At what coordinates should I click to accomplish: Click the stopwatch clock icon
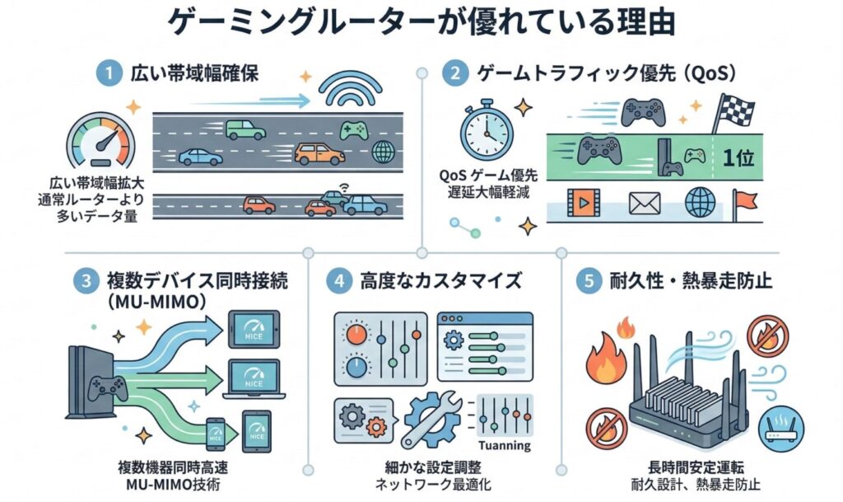coord(487,132)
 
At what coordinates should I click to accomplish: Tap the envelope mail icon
coord(645,202)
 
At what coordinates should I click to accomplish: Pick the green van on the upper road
coord(245,129)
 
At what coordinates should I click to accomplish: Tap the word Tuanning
coord(505,446)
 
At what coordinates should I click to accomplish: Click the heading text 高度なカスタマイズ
coord(441,280)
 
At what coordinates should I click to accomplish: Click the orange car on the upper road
coord(319,153)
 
